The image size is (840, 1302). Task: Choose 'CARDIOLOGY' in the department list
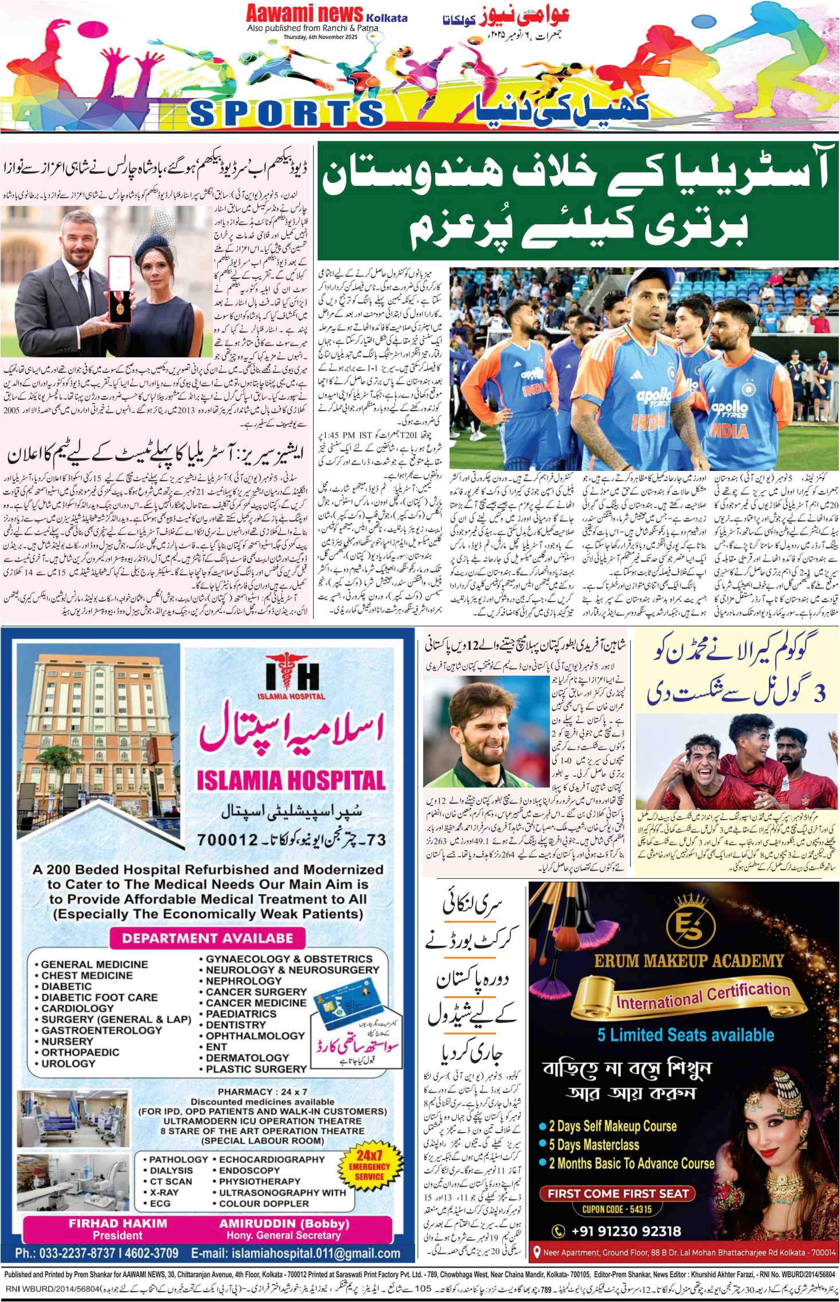(77, 1008)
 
